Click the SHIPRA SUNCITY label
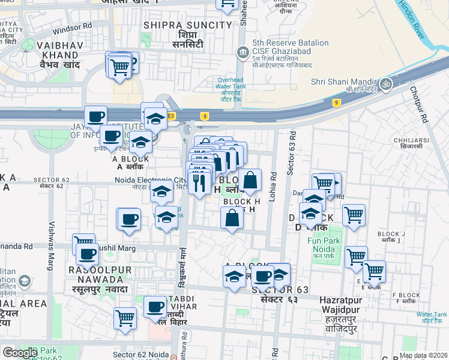[187, 25]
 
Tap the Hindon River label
[412, 20]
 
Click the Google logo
[20, 353]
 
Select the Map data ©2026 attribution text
[423, 355]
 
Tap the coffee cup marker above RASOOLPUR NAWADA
[88, 255]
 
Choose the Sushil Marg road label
[118, 247]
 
